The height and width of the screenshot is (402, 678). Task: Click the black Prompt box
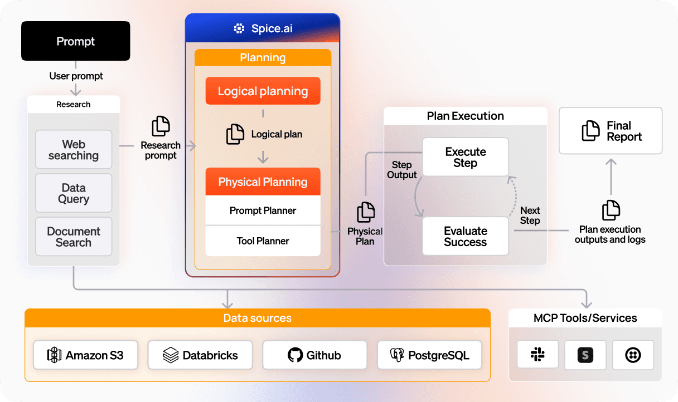coord(75,41)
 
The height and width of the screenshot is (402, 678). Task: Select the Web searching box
coord(74,150)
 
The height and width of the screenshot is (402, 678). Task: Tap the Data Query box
coord(74,193)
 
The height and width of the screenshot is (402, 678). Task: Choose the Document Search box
coord(74,237)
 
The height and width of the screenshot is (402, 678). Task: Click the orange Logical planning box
coord(263,91)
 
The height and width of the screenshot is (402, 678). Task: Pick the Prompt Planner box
coord(263,210)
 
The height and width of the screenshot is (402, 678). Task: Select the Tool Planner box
coord(263,241)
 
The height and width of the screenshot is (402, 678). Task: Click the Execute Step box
coord(465,157)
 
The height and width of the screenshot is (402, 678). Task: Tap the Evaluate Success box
coord(465,236)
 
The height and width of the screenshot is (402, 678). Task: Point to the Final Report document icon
coord(590,131)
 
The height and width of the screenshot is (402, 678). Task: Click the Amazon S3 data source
coord(85,355)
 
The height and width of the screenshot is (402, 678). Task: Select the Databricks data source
coord(200,355)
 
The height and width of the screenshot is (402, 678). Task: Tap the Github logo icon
coord(295,355)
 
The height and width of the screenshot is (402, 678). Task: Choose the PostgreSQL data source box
coord(429,355)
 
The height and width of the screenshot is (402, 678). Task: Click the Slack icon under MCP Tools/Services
coord(537,355)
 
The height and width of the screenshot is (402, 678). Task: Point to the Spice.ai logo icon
coord(239,28)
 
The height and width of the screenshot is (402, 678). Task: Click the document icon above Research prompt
coord(161,126)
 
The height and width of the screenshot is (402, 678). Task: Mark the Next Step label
coord(530,215)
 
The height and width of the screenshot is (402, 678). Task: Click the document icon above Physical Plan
coord(366,212)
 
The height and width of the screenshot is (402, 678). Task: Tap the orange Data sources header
coord(257,318)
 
